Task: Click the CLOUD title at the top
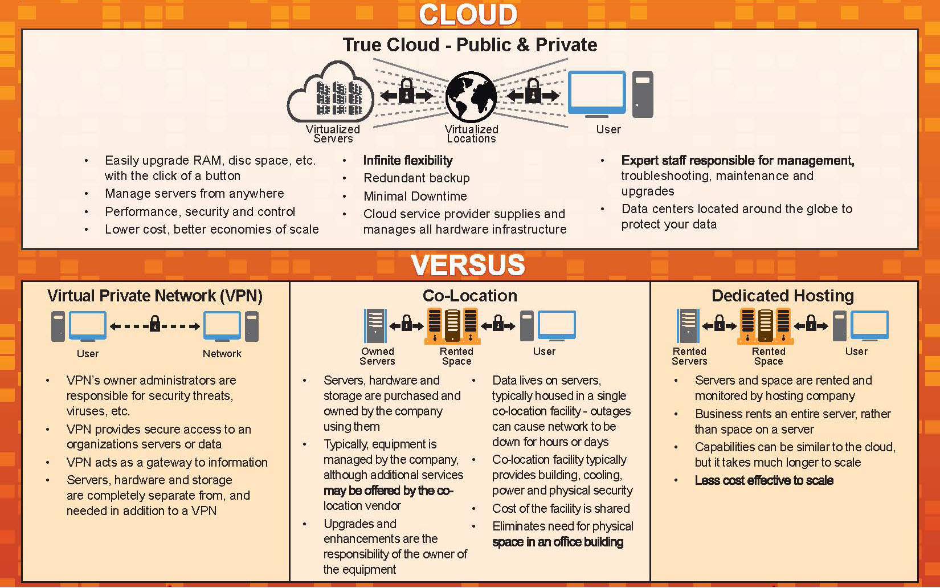(x=468, y=15)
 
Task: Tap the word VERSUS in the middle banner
(x=468, y=265)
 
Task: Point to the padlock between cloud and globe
(x=406, y=91)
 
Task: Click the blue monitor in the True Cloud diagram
(x=596, y=93)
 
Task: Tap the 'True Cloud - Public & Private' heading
(x=469, y=45)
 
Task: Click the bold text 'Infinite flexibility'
(x=408, y=161)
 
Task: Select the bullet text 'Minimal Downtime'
(x=415, y=197)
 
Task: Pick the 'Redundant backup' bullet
(x=416, y=178)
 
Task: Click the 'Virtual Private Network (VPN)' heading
(x=154, y=296)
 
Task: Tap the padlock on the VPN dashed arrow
(x=154, y=325)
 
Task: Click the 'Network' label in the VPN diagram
(x=222, y=354)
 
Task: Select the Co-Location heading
(x=469, y=296)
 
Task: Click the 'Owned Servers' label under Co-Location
(x=377, y=356)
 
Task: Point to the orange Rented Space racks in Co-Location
(x=452, y=326)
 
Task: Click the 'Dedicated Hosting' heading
(x=782, y=296)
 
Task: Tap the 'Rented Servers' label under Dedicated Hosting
(x=689, y=356)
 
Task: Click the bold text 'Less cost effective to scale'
(x=763, y=481)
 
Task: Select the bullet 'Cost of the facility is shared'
(x=561, y=509)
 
